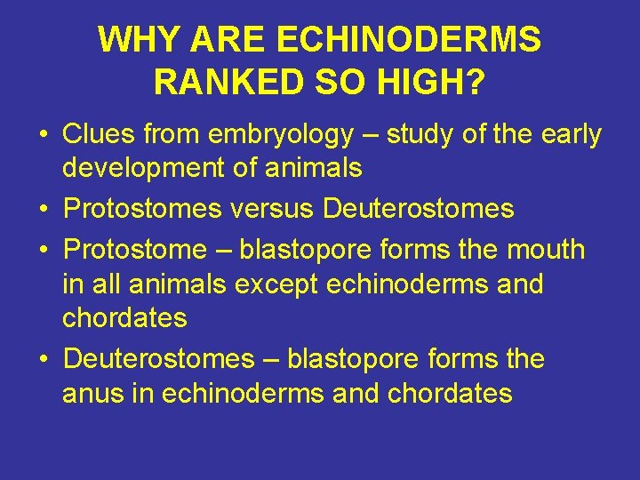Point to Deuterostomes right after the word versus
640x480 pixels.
[x=419, y=209]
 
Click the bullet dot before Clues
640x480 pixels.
[x=43, y=136]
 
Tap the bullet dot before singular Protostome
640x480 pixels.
[x=43, y=251]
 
